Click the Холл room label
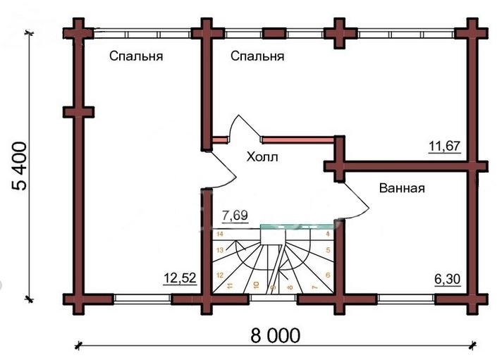click(262, 156)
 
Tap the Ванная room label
click(402, 188)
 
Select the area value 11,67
click(444, 147)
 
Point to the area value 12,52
click(180, 278)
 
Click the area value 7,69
click(235, 216)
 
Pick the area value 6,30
click(447, 279)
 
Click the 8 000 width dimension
click(275, 335)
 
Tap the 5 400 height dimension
click(19, 166)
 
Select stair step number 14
click(220, 234)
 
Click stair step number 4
click(328, 234)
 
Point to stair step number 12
click(220, 275)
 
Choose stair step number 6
click(328, 275)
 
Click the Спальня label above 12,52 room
click(136, 56)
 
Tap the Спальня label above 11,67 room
click(257, 56)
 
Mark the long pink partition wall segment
click(298, 139)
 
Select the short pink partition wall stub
click(220, 139)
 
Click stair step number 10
click(257, 285)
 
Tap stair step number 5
click(328, 250)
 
